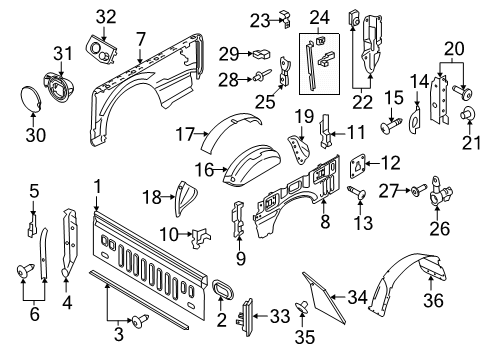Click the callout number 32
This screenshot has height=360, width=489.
(x=106, y=15)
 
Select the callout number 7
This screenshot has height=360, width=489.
(x=141, y=39)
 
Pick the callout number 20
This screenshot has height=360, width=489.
(x=454, y=47)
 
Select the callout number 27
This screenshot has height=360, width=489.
(x=393, y=188)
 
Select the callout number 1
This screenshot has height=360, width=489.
(x=97, y=186)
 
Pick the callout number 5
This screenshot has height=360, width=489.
(x=33, y=190)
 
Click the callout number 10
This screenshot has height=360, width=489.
(x=172, y=235)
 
